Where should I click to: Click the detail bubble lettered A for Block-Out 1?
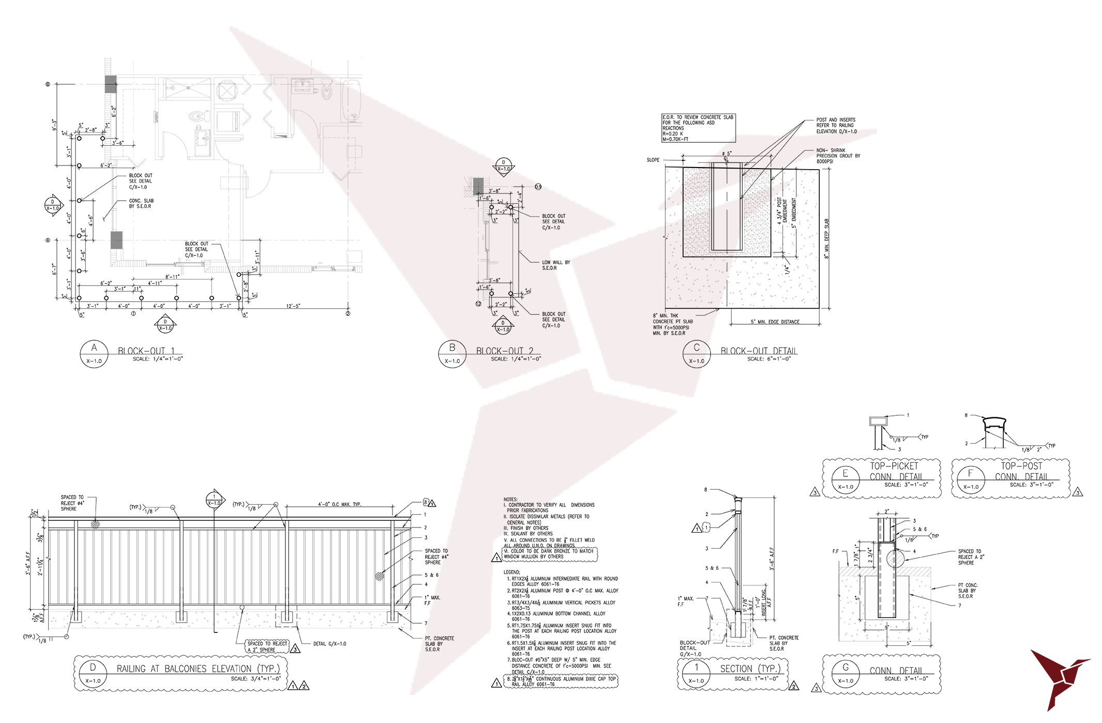pyautogui.click(x=94, y=354)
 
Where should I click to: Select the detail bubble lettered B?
pyautogui.click(x=452, y=354)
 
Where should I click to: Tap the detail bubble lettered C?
pyautogui.click(x=697, y=354)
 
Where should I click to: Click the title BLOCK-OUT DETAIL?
pyautogui.click(x=759, y=351)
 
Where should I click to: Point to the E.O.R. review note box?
pyautogui.click(x=698, y=128)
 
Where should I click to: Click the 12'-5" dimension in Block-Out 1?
pyautogui.click(x=293, y=306)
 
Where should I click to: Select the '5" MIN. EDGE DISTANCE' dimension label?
pyautogui.click(x=775, y=322)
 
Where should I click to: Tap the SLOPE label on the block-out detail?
pyautogui.click(x=653, y=160)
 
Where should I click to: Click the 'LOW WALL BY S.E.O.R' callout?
pyautogui.click(x=556, y=265)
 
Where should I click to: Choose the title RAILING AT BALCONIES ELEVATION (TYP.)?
pyautogui.click(x=198, y=669)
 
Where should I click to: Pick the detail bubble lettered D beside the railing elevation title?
pyautogui.click(x=93, y=674)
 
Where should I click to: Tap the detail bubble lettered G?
pyautogui.click(x=846, y=674)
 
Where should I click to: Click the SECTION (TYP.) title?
pyautogui.click(x=750, y=669)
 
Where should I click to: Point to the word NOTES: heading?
pyautogui.click(x=510, y=500)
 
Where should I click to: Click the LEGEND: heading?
pyautogui.click(x=512, y=572)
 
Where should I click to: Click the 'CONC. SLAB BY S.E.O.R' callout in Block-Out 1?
pyautogui.click(x=141, y=203)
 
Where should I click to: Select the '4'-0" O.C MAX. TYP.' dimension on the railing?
pyautogui.click(x=339, y=504)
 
